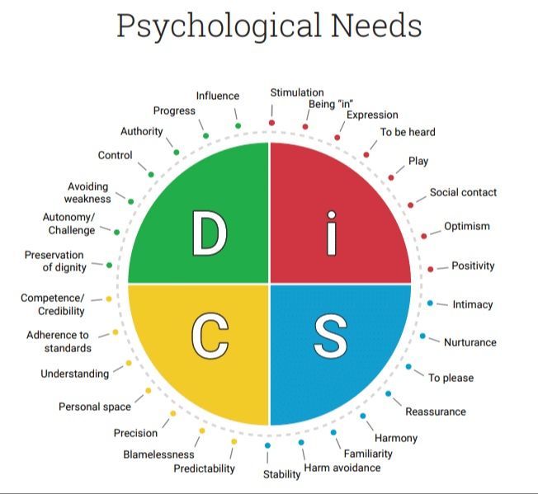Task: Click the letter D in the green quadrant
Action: click(x=209, y=233)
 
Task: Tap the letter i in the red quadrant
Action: click(x=331, y=233)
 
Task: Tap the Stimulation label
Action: click(x=297, y=92)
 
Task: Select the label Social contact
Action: click(x=463, y=192)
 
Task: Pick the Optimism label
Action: click(x=467, y=226)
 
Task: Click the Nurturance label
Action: click(x=470, y=342)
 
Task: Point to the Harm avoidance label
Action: click(x=342, y=468)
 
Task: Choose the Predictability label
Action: click(x=204, y=468)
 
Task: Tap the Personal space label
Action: click(x=95, y=407)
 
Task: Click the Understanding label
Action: click(x=74, y=374)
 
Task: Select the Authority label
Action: click(x=142, y=131)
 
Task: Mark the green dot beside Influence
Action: click(x=238, y=125)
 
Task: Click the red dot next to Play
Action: click(x=391, y=176)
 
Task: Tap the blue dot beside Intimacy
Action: click(x=430, y=303)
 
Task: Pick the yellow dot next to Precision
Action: click(x=172, y=413)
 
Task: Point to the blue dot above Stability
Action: click(x=267, y=446)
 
